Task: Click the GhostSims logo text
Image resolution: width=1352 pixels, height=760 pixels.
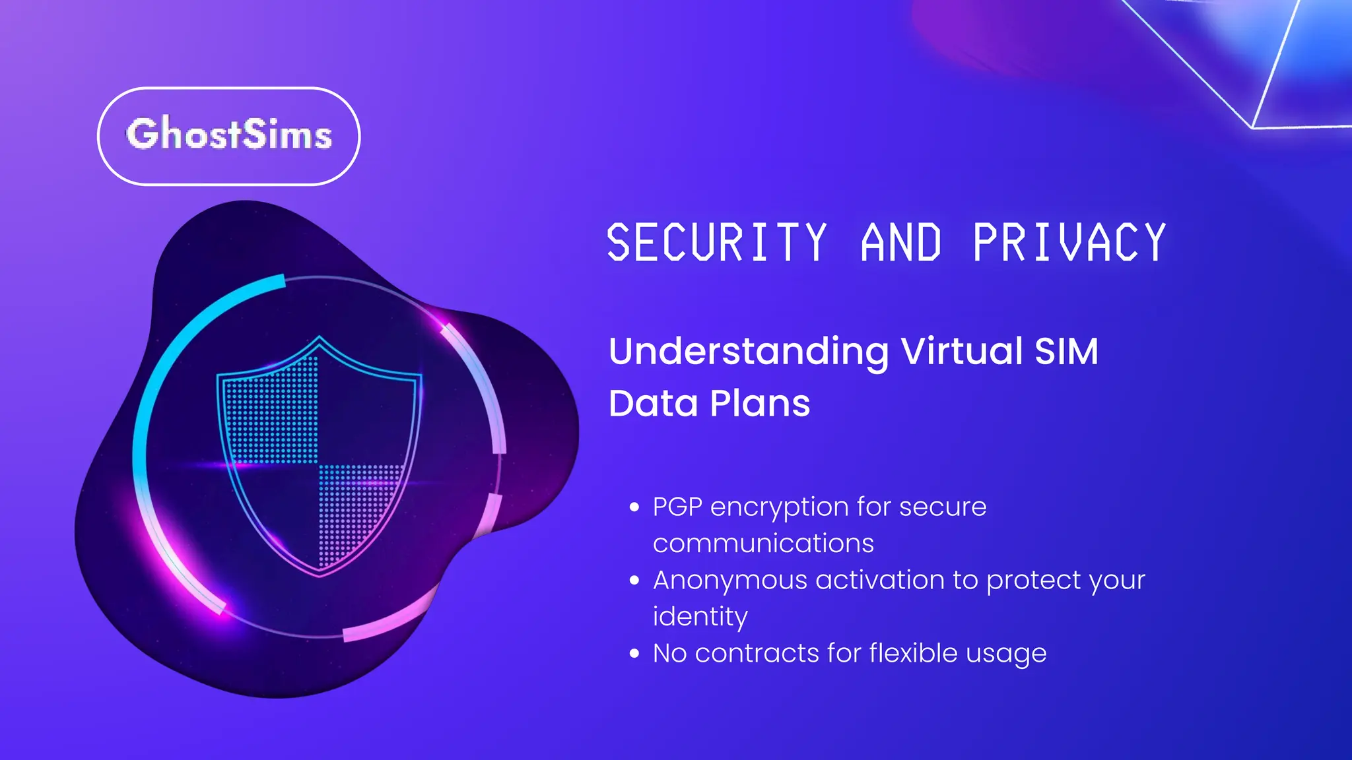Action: (x=228, y=135)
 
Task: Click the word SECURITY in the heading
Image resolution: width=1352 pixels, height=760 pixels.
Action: (x=716, y=243)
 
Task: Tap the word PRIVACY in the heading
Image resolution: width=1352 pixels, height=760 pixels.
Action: (x=1069, y=243)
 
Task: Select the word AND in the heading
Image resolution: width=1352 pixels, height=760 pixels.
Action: (x=900, y=243)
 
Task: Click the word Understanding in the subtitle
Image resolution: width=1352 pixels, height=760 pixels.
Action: (x=749, y=352)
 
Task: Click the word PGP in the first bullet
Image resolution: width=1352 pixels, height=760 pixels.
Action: (x=677, y=507)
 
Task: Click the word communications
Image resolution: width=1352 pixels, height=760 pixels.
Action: (x=763, y=544)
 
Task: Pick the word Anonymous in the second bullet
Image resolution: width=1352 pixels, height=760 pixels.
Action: (x=729, y=581)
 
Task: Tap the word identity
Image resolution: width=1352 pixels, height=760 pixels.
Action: (x=700, y=617)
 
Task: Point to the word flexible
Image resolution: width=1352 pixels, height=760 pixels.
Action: (x=913, y=652)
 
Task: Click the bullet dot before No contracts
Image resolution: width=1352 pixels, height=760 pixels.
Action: (x=634, y=654)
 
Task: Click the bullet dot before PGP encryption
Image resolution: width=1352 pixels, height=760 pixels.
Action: (x=634, y=507)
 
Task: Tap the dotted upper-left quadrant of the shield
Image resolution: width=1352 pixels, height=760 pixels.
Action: (x=274, y=416)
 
